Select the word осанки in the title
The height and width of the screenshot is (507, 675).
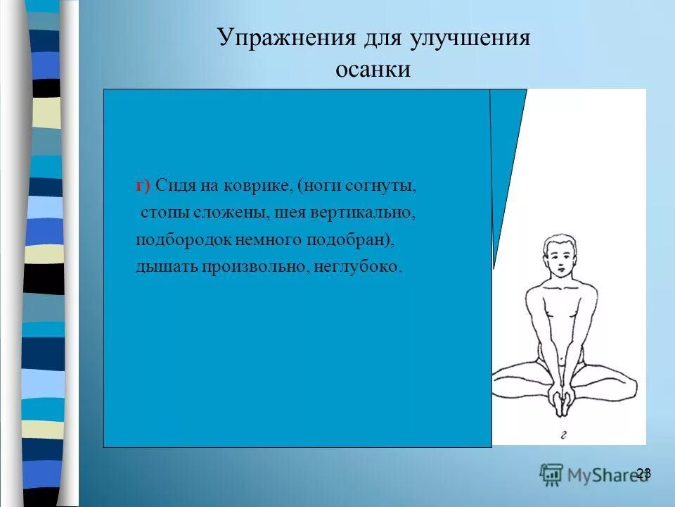(x=373, y=70)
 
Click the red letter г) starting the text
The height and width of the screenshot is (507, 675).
(x=143, y=186)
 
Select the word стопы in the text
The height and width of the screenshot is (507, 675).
(x=160, y=213)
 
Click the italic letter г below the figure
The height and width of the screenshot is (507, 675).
(x=563, y=434)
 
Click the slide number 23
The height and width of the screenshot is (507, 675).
(x=643, y=473)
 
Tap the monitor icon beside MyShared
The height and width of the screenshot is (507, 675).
(x=551, y=474)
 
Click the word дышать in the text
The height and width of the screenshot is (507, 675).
(x=166, y=267)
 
